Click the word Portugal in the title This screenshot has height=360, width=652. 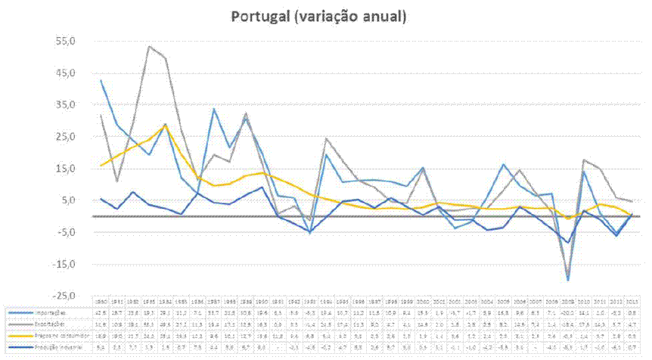click(x=259, y=16)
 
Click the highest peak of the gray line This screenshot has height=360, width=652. click(x=150, y=47)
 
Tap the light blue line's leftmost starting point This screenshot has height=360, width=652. click(x=101, y=80)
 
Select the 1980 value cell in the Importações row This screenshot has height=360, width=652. click(x=101, y=311)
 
